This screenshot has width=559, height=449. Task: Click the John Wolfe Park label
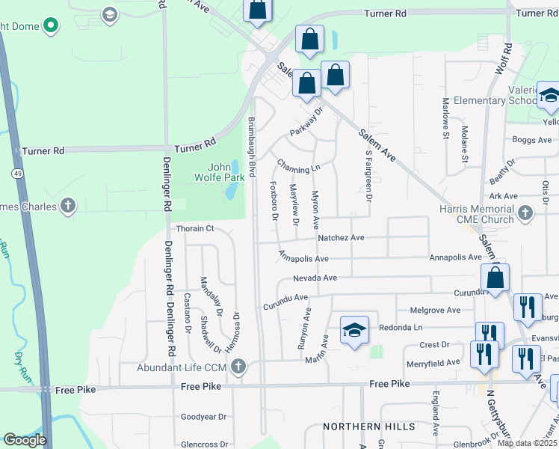226,173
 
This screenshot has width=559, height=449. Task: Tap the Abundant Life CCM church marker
238,367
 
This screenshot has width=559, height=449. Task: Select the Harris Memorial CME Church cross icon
525,213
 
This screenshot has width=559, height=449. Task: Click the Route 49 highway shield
16,173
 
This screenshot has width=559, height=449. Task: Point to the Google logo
25,440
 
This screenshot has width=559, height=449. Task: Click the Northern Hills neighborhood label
368,427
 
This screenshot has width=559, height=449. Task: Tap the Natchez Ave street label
341,238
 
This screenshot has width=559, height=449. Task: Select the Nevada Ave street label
315,278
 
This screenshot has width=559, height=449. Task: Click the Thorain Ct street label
194,229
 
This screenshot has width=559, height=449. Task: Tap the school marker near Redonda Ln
355,329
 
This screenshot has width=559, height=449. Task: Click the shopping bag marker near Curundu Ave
495,278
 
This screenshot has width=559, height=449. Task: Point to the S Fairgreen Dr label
368,176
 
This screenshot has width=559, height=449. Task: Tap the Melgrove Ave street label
436,310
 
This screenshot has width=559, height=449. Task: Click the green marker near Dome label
51,27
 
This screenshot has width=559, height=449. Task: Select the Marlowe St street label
445,118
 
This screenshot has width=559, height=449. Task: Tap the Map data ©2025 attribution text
527,443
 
